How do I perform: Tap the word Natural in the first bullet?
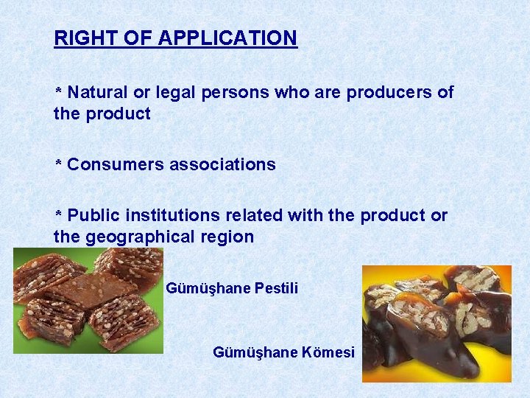[x=96, y=93]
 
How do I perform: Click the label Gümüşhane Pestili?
[x=232, y=288]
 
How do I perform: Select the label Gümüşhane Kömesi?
[x=283, y=352]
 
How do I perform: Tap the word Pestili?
[x=276, y=288]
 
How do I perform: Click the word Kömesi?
[x=328, y=352]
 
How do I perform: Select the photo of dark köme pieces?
[x=437, y=324]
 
